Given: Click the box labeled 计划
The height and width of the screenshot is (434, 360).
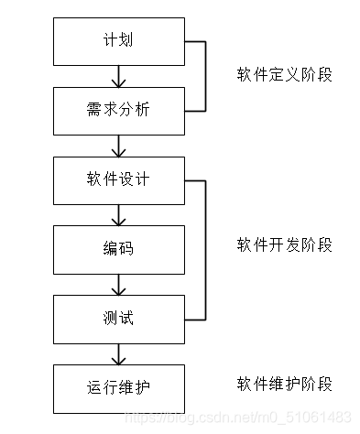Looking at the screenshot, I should (119, 42).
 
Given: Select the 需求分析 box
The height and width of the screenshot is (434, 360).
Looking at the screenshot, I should (119, 111).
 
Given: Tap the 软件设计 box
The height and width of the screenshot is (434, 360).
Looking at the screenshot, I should (119, 179).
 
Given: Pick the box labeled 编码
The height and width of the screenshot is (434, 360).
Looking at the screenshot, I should (119, 249).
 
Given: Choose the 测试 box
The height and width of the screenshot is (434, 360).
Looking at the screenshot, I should (119, 318).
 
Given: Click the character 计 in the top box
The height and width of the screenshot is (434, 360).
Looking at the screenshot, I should (111, 42).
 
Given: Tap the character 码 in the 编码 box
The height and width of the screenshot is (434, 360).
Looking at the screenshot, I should (127, 249).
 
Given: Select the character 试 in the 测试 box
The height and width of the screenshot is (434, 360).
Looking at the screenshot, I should (127, 318).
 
